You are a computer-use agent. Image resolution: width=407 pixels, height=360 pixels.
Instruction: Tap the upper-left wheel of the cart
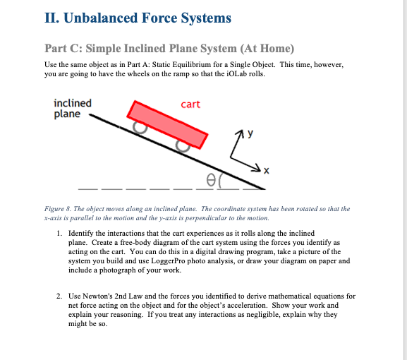pos(141,128)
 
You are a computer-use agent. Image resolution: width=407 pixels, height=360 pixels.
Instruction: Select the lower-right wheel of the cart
pos(184,145)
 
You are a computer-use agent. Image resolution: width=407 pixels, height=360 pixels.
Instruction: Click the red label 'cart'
pos(190,104)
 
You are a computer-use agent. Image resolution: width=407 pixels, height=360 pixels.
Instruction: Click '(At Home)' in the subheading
pos(267,49)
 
